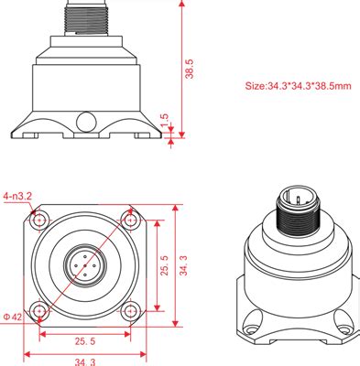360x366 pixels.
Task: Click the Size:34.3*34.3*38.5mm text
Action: tap(297, 87)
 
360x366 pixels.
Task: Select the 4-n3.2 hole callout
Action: tap(17, 196)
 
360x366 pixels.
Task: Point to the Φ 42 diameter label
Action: tap(12, 317)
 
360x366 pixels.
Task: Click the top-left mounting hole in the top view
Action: tap(38, 221)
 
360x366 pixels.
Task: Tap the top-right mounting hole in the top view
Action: tap(129, 221)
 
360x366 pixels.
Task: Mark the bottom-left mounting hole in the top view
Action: tap(38, 309)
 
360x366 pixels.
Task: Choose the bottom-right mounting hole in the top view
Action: tap(129, 309)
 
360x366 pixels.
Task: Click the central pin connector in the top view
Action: tap(83, 265)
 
